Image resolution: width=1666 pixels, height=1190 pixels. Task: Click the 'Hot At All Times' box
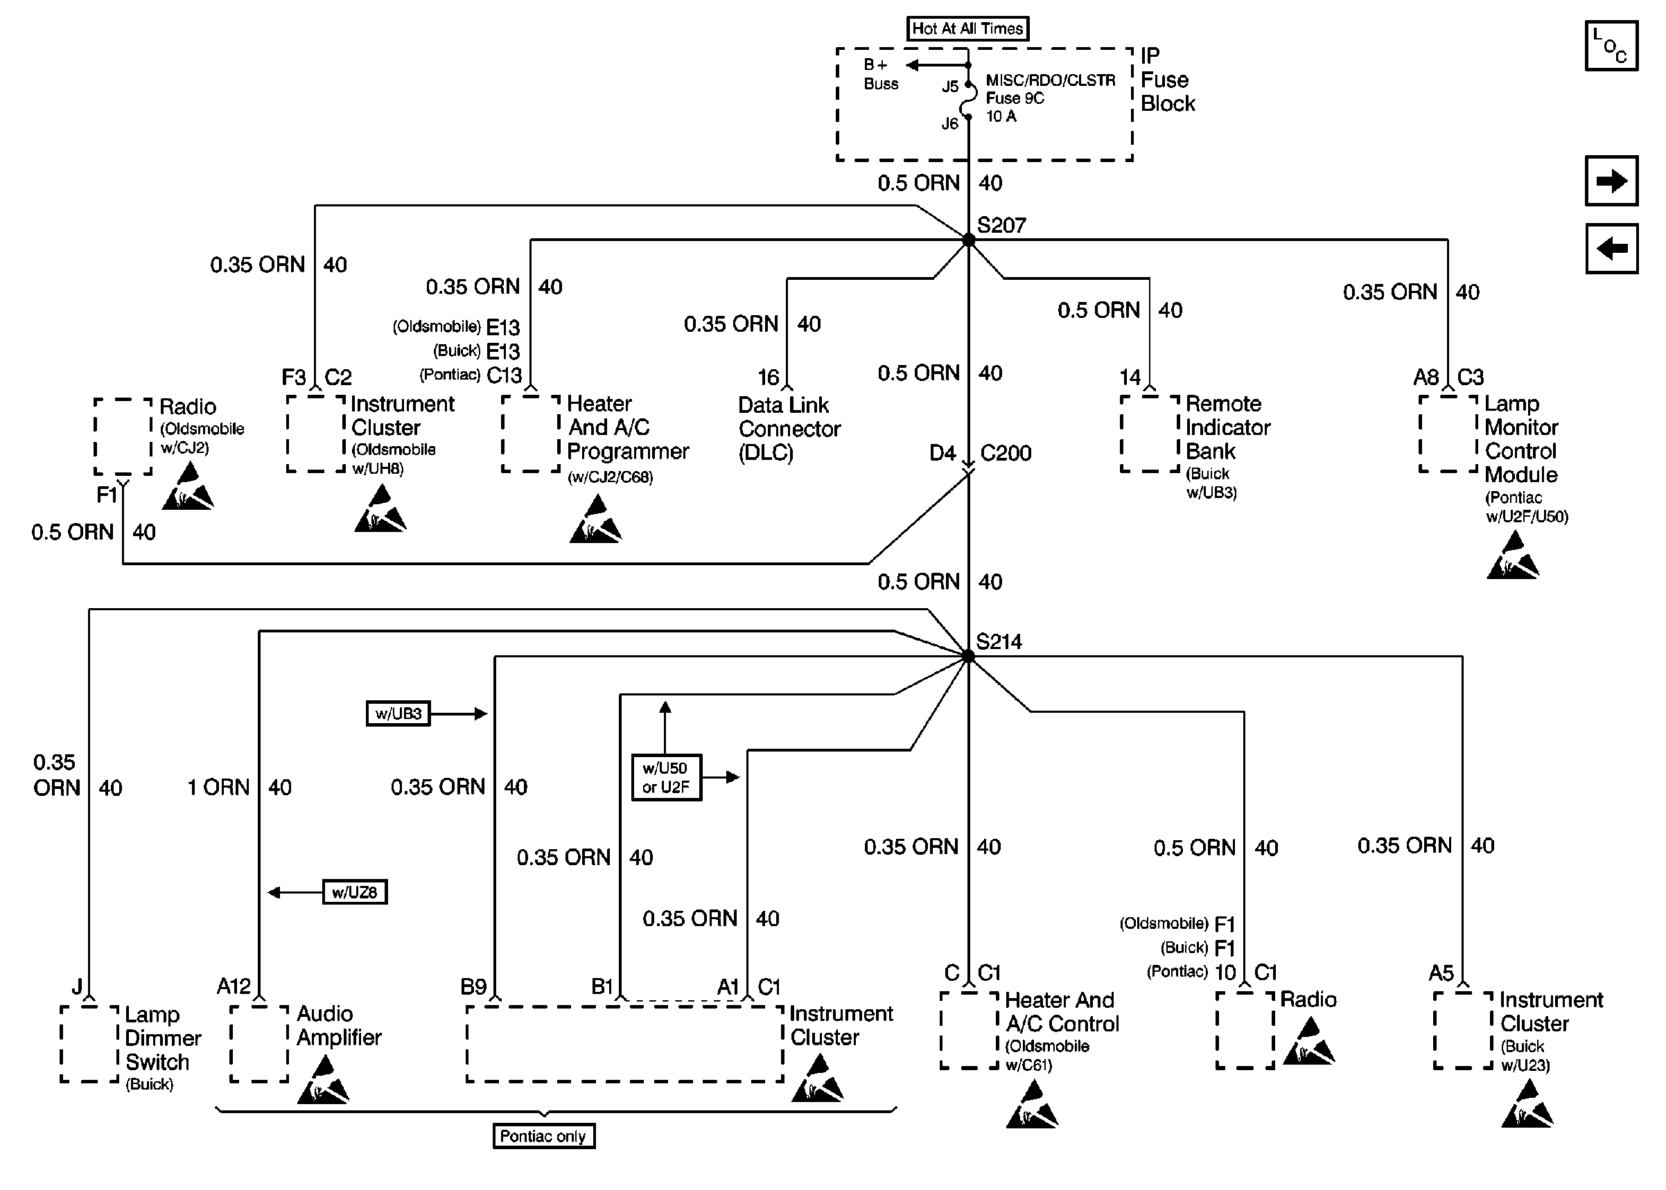point(967,28)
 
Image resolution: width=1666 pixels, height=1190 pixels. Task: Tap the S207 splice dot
point(968,240)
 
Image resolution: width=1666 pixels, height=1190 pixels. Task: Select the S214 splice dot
point(968,657)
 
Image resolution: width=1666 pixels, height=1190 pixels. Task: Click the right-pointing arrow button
point(1611,181)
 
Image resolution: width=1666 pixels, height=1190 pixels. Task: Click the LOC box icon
point(1611,46)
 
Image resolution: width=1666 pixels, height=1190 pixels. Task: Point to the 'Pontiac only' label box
point(543,1136)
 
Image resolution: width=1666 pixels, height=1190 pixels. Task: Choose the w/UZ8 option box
point(355,891)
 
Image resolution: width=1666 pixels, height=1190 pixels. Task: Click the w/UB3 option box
point(398,713)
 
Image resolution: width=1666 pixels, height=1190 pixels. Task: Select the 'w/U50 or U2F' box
point(666,777)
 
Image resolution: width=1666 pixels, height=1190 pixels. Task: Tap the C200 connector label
point(1006,453)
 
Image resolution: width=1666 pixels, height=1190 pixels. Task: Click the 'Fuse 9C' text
point(1015,98)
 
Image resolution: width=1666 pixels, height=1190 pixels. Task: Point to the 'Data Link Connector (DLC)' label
point(789,429)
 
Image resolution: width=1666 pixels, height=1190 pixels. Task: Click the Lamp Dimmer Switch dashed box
point(89,1043)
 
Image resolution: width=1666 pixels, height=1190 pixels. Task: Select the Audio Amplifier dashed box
point(258,1043)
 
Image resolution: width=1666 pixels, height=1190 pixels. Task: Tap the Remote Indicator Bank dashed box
point(1149,434)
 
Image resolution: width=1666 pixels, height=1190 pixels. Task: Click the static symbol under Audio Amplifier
point(323,1079)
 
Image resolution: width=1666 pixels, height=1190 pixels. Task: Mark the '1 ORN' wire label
point(218,787)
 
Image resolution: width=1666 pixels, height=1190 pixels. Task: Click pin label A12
point(234,986)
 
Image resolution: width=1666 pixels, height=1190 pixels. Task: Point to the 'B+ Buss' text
point(880,74)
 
